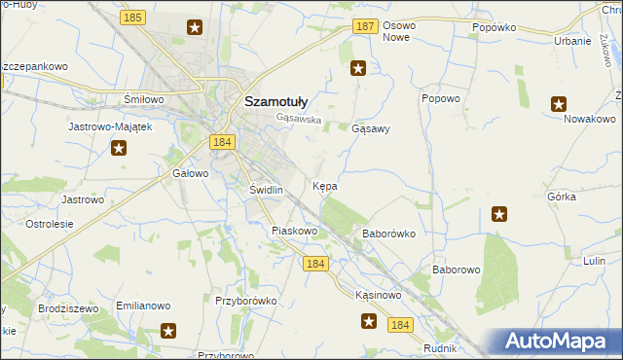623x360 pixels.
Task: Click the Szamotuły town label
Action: tap(275, 100)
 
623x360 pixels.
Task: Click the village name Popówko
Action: tap(493, 28)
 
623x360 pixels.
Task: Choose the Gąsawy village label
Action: tap(370, 128)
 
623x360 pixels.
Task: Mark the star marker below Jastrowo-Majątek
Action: tap(119, 148)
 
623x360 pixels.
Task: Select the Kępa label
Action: tap(325, 185)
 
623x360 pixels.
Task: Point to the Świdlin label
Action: tap(266, 190)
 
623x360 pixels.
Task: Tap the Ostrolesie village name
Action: tap(50, 224)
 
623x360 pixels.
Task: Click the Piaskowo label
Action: tap(295, 232)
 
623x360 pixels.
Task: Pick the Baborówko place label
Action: tap(389, 234)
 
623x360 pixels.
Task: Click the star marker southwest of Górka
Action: tap(499, 214)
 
